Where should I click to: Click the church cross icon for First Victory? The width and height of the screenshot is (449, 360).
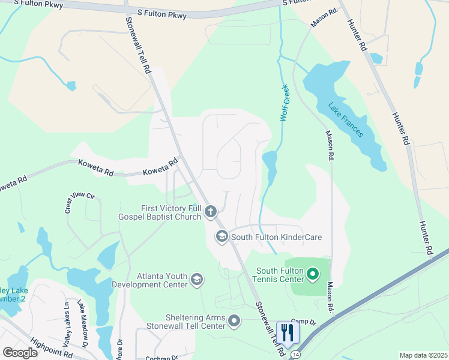click(210, 211)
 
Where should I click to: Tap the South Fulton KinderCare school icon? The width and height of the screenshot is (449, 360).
click(221, 237)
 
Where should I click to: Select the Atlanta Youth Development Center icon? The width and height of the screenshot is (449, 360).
click(196, 280)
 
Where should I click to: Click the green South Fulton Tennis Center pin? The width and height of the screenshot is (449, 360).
click(312, 275)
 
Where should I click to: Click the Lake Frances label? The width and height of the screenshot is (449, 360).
click(346, 119)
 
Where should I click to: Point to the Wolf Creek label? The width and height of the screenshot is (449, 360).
click(285, 103)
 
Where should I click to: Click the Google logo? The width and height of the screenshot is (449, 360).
click(19, 353)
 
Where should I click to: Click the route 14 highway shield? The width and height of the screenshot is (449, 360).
click(295, 355)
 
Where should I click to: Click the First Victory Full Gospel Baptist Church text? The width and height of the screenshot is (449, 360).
click(170, 212)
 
